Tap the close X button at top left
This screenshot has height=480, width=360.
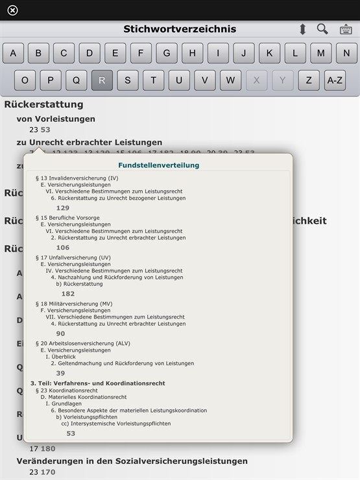[x=12, y=10]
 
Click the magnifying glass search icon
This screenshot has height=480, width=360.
[x=322, y=29]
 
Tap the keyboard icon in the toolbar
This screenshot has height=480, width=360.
[x=346, y=29]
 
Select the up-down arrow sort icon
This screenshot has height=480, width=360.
[x=302, y=29]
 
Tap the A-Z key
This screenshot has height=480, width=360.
[x=335, y=80]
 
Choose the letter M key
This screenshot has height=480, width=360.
[x=320, y=53]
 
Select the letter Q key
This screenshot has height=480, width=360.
[x=76, y=80]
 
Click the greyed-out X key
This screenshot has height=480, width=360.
[x=257, y=80]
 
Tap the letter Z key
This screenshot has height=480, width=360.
[x=309, y=80]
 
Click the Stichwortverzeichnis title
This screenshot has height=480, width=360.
[x=180, y=29]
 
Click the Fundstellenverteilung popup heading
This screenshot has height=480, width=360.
[x=158, y=165]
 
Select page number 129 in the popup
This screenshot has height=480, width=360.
[x=63, y=208]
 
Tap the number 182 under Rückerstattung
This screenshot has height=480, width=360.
[x=68, y=294]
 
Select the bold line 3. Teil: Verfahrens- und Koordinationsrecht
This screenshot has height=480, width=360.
[x=97, y=383]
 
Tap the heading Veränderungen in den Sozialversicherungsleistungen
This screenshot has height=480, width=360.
[x=132, y=461]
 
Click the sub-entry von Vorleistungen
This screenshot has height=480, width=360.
[x=56, y=119]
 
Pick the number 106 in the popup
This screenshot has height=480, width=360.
[x=63, y=248]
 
